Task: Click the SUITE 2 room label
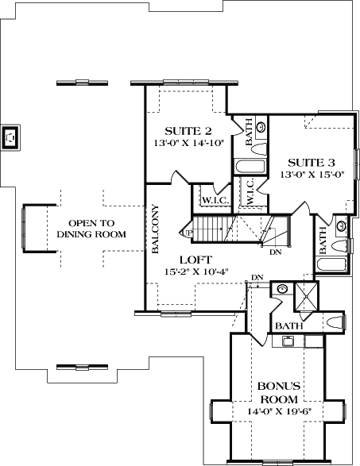tap(188, 130)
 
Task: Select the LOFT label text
tap(195, 259)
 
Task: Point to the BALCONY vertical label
tap(156, 229)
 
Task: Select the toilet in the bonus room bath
tap(335, 323)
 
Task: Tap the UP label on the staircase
tap(188, 233)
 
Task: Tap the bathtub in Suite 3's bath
tap(332, 265)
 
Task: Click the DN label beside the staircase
tap(275, 252)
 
